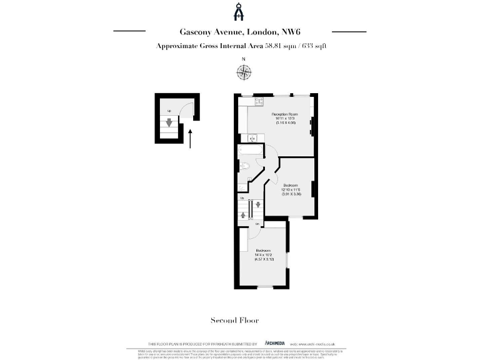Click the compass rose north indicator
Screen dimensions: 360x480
(243, 72)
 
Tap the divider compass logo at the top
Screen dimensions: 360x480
(239, 12)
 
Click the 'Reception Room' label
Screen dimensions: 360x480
(284, 114)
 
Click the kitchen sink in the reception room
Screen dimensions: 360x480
(252, 139)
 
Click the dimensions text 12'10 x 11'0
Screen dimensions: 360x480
(291, 190)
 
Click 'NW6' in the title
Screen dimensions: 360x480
(297, 31)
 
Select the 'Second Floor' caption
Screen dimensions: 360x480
(234, 321)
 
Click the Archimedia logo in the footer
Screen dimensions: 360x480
(275, 344)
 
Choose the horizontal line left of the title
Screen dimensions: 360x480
(129, 31)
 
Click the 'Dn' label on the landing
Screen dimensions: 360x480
(257, 223)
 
